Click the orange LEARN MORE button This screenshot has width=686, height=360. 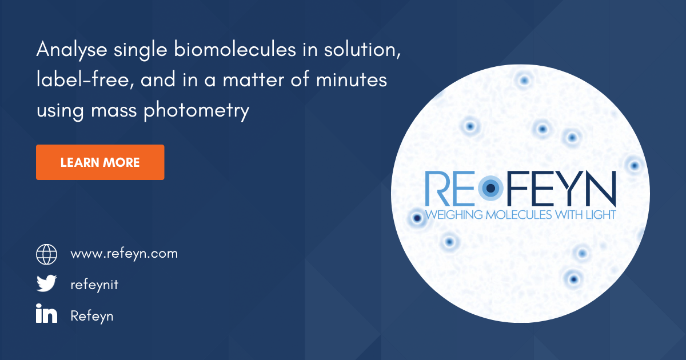pos(100,162)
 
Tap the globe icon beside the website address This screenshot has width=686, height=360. pos(47,253)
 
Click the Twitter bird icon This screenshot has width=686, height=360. pos(47,284)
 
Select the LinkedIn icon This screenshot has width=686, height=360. pos(47,315)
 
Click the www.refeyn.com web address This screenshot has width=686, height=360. pos(124,253)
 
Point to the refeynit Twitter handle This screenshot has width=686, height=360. pos(94,284)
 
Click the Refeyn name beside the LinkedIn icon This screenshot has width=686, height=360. pos(91,315)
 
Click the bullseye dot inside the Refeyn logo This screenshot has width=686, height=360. pos(490,188)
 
